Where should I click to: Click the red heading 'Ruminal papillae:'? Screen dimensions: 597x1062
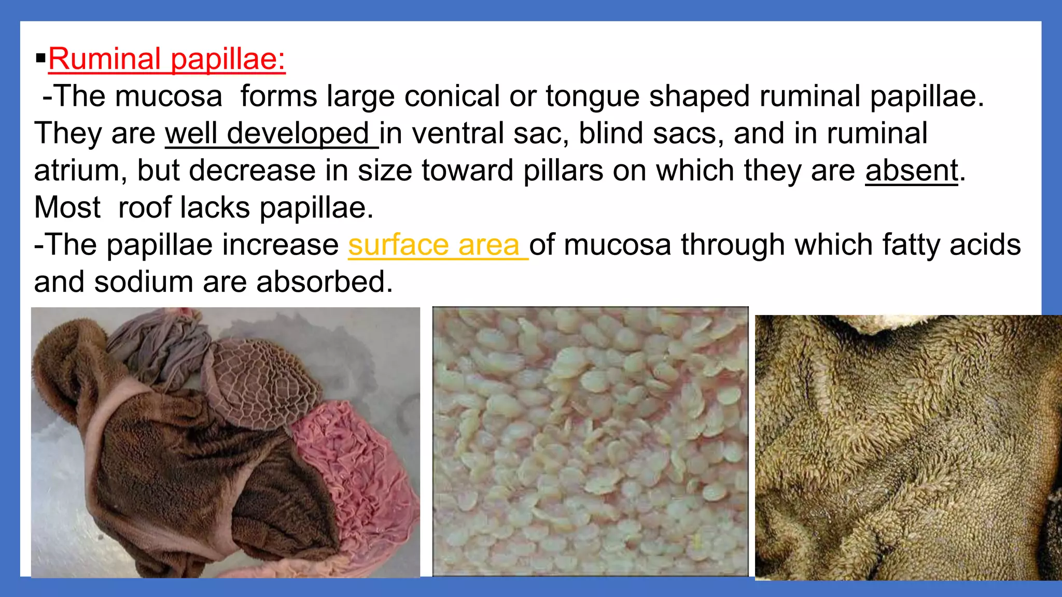166,59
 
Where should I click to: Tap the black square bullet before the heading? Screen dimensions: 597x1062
40,58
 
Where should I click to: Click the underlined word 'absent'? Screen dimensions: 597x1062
911,170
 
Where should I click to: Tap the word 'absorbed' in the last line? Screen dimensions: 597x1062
325,282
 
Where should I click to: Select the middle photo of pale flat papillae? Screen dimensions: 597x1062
590,441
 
